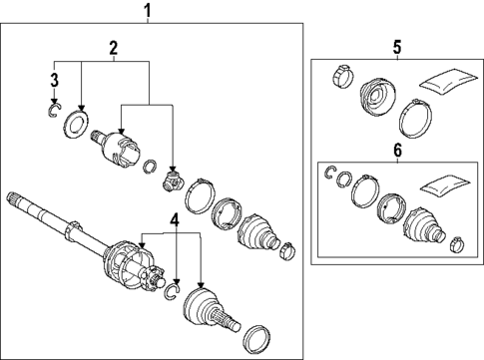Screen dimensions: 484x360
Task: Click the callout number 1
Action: [x=148, y=10]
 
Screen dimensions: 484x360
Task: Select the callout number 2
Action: [x=114, y=49]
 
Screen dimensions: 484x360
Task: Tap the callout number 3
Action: [x=55, y=81]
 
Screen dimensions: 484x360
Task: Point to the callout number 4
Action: [x=175, y=220]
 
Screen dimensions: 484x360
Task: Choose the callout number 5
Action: [x=397, y=48]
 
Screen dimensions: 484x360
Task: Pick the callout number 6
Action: [x=397, y=151]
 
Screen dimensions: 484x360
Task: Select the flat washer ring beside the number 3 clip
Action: [x=76, y=122]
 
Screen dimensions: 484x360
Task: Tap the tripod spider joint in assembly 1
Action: [x=172, y=180]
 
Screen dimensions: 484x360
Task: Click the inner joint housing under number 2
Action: [x=117, y=148]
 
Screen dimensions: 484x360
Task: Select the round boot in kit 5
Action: [x=377, y=96]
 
